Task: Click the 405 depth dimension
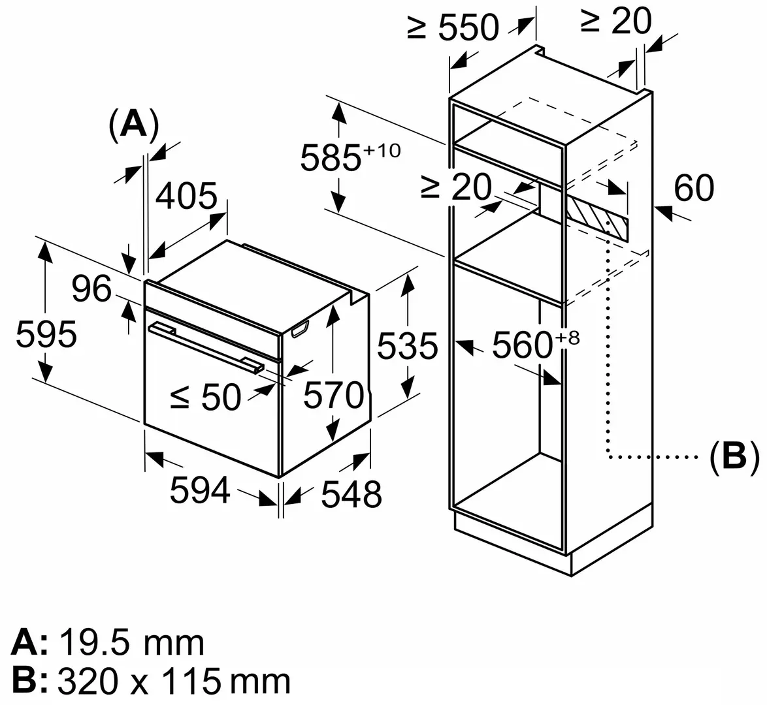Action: pyautogui.click(x=187, y=196)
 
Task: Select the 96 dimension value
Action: pyautogui.click(x=91, y=289)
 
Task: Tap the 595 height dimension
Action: pyautogui.click(x=46, y=335)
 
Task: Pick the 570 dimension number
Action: pyautogui.click(x=333, y=395)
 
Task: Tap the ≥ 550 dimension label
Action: pyautogui.click(x=453, y=27)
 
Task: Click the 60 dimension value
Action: pyautogui.click(x=693, y=189)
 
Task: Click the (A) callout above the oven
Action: pyautogui.click(x=133, y=125)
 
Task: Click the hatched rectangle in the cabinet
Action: pyautogui.click(x=595, y=217)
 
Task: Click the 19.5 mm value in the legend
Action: pyautogui.click(x=131, y=643)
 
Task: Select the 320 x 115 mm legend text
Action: pyautogui.click(x=174, y=681)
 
